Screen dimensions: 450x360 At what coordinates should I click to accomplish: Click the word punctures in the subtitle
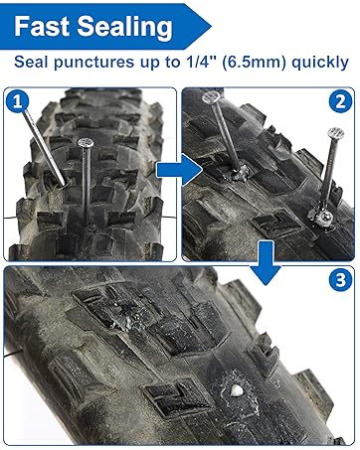click(97, 63)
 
